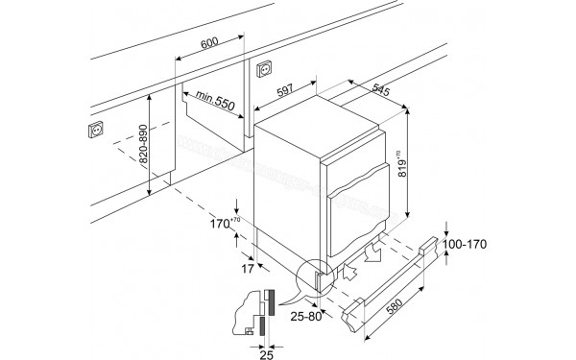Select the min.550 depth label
coord(214,100)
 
